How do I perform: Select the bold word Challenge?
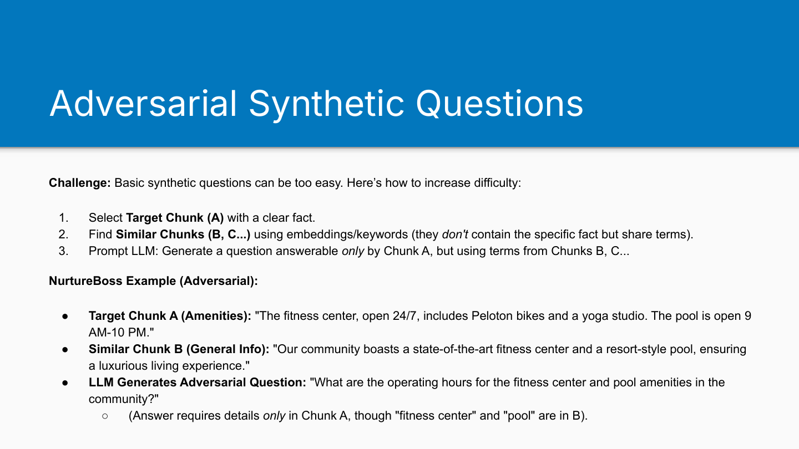(x=80, y=183)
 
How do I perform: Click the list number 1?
(x=63, y=217)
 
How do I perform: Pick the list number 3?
(x=63, y=251)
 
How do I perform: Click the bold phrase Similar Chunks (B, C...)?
(x=183, y=234)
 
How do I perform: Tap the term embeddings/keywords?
(x=347, y=234)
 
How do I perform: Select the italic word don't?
(x=455, y=234)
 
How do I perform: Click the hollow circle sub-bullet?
(x=105, y=416)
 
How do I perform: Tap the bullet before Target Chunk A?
(x=65, y=316)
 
